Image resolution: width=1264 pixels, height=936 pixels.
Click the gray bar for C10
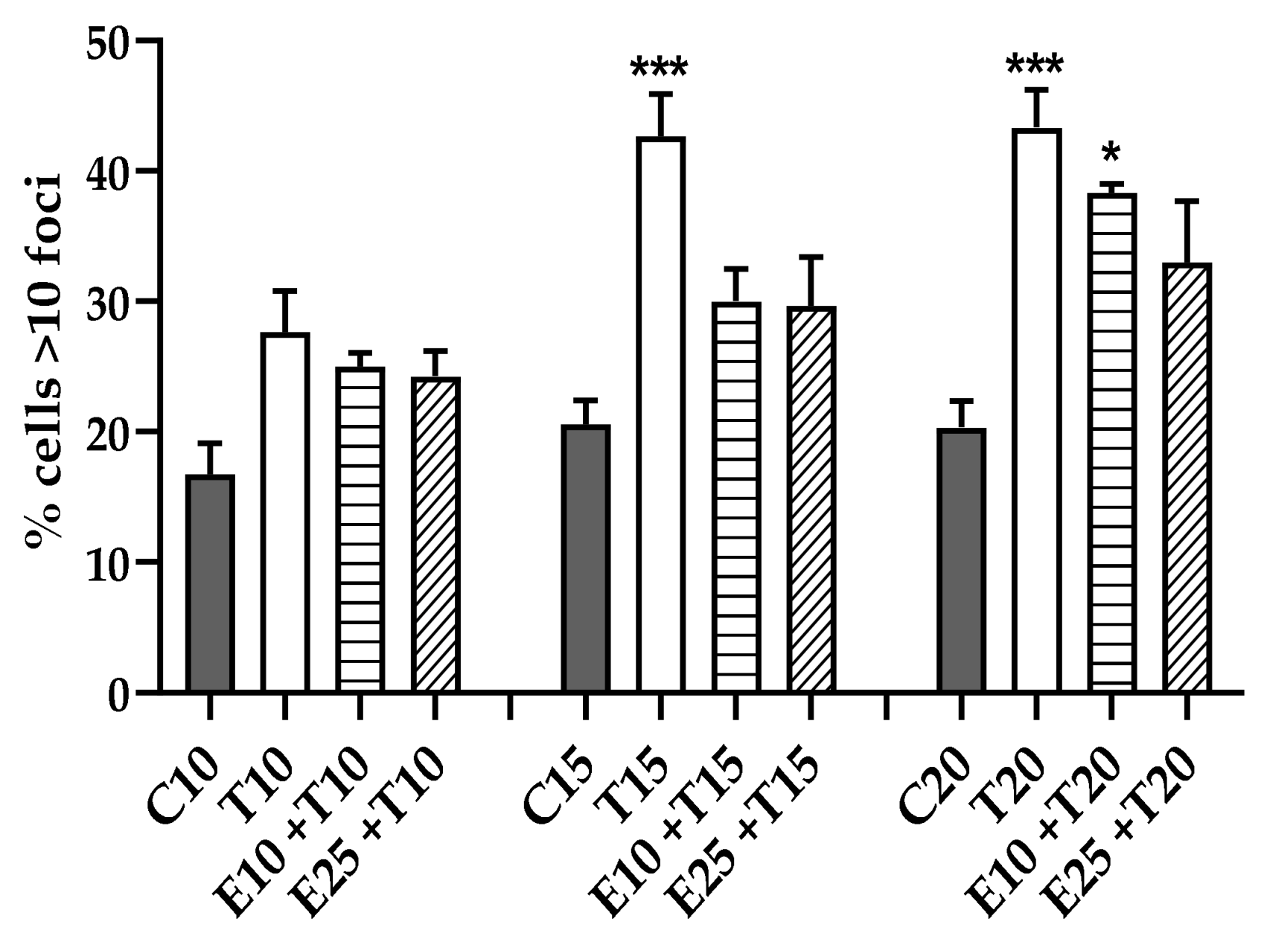[x=211, y=584]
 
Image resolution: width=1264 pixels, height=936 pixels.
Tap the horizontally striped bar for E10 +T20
[x=1111, y=442]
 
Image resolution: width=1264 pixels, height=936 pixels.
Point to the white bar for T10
[x=286, y=513]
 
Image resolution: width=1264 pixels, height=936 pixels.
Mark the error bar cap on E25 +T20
[x=1187, y=201]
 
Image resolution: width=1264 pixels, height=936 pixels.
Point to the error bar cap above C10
[x=211, y=443]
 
